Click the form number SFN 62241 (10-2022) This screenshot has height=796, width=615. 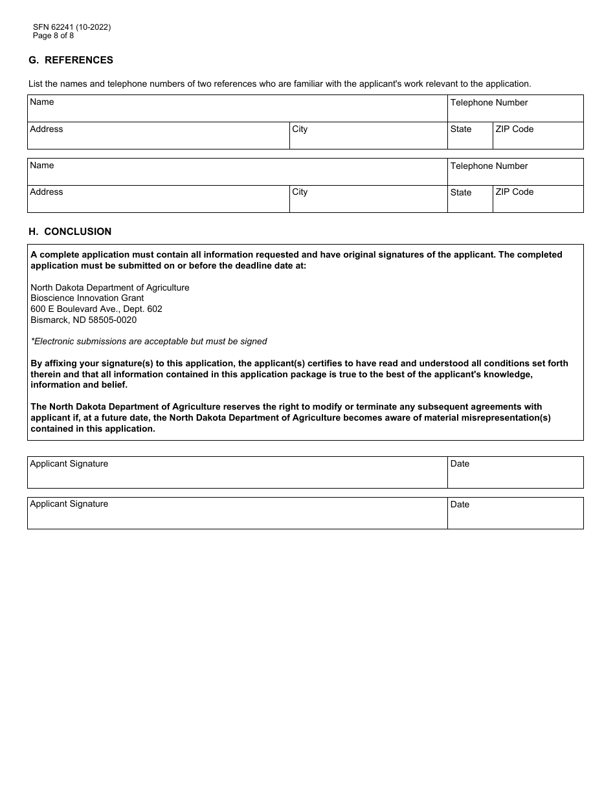click(x=72, y=27)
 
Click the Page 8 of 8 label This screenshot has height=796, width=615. click(x=54, y=36)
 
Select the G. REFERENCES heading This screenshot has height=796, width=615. click(x=71, y=60)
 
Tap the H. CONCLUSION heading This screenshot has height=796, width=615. click(x=70, y=232)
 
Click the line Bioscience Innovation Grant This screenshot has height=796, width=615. click(x=87, y=298)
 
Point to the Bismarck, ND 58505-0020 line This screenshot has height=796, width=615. click(x=84, y=320)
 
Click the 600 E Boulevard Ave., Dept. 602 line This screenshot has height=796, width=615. click(x=96, y=309)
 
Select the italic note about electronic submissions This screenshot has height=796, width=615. click(x=149, y=341)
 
